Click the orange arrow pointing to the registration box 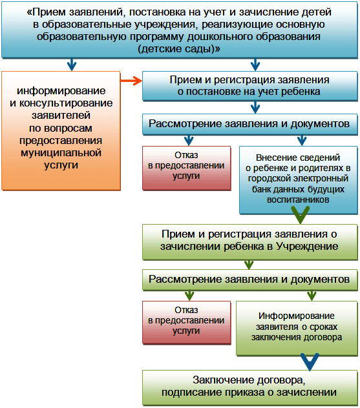[x=131, y=81]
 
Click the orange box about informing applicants [x=61, y=131]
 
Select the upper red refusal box [x=187, y=168]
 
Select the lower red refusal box [x=187, y=323]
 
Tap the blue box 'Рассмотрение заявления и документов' [x=250, y=124]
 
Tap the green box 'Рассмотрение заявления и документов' [x=250, y=280]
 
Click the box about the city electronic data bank [x=298, y=180]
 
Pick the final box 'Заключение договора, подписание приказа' [x=250, y=387]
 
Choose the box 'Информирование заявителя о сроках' [x=297, y=328]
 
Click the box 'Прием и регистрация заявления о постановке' [x=250, y=86]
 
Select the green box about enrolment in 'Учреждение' [x=250, y=241]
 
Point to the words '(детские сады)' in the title [x=178, y=48]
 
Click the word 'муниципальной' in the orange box [x=61, y=152]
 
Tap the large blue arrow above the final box [x=310, y=362]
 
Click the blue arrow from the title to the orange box [x=72, y=65]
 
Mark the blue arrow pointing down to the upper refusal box [x=189, y=141]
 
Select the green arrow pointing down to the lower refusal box [x=189, y=296]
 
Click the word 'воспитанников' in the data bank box [x=298, y=200]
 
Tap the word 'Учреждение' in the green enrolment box [x=307, y=246]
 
